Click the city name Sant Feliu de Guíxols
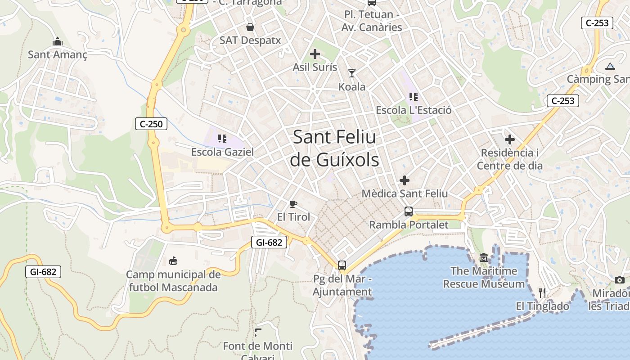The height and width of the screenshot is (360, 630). click(334, 148)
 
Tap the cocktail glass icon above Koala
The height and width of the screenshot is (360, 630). click(352, 73)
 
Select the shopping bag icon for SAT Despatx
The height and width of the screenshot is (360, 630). click(250, 27)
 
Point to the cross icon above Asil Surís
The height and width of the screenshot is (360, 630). click(315, 54)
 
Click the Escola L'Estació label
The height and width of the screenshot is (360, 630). click(414, 110)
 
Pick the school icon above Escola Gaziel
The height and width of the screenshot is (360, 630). click(222, 138)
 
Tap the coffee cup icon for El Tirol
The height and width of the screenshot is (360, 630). click(293, 204)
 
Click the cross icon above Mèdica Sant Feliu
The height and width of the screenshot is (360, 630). click(405, 180)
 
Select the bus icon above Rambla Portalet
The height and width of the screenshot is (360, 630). click(409, 211)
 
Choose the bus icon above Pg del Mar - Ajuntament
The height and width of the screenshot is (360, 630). click(342, 265)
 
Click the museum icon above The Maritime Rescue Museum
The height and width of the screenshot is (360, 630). click(484, 258)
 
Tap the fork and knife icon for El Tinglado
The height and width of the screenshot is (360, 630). click(542, 293)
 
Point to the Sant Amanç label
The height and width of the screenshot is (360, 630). click(58, 54)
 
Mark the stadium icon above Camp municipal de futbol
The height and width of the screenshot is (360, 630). click(173, 261)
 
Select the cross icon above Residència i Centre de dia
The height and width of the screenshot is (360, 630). click(510, 139)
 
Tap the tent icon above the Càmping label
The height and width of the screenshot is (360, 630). click(610, 66)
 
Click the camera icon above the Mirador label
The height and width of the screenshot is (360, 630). click(620, 280)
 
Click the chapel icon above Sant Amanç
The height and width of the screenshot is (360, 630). click(58, 42)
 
